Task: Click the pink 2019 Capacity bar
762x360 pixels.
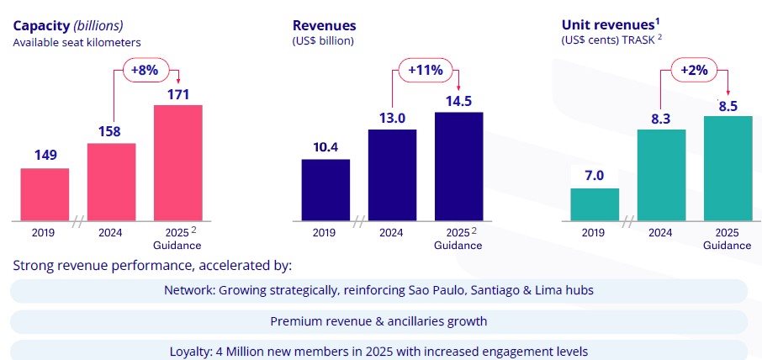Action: click(45, 193)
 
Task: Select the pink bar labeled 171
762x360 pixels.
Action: click(177, 161)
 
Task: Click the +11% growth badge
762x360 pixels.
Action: click(425, 71)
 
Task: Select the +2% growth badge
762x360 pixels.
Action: click(695, 71)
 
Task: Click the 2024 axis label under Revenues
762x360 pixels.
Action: click(392, 233)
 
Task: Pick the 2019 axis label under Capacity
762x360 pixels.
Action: click(45, 233)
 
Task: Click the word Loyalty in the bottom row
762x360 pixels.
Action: click(189, 352)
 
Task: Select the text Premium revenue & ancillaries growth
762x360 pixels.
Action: click(378, 321)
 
